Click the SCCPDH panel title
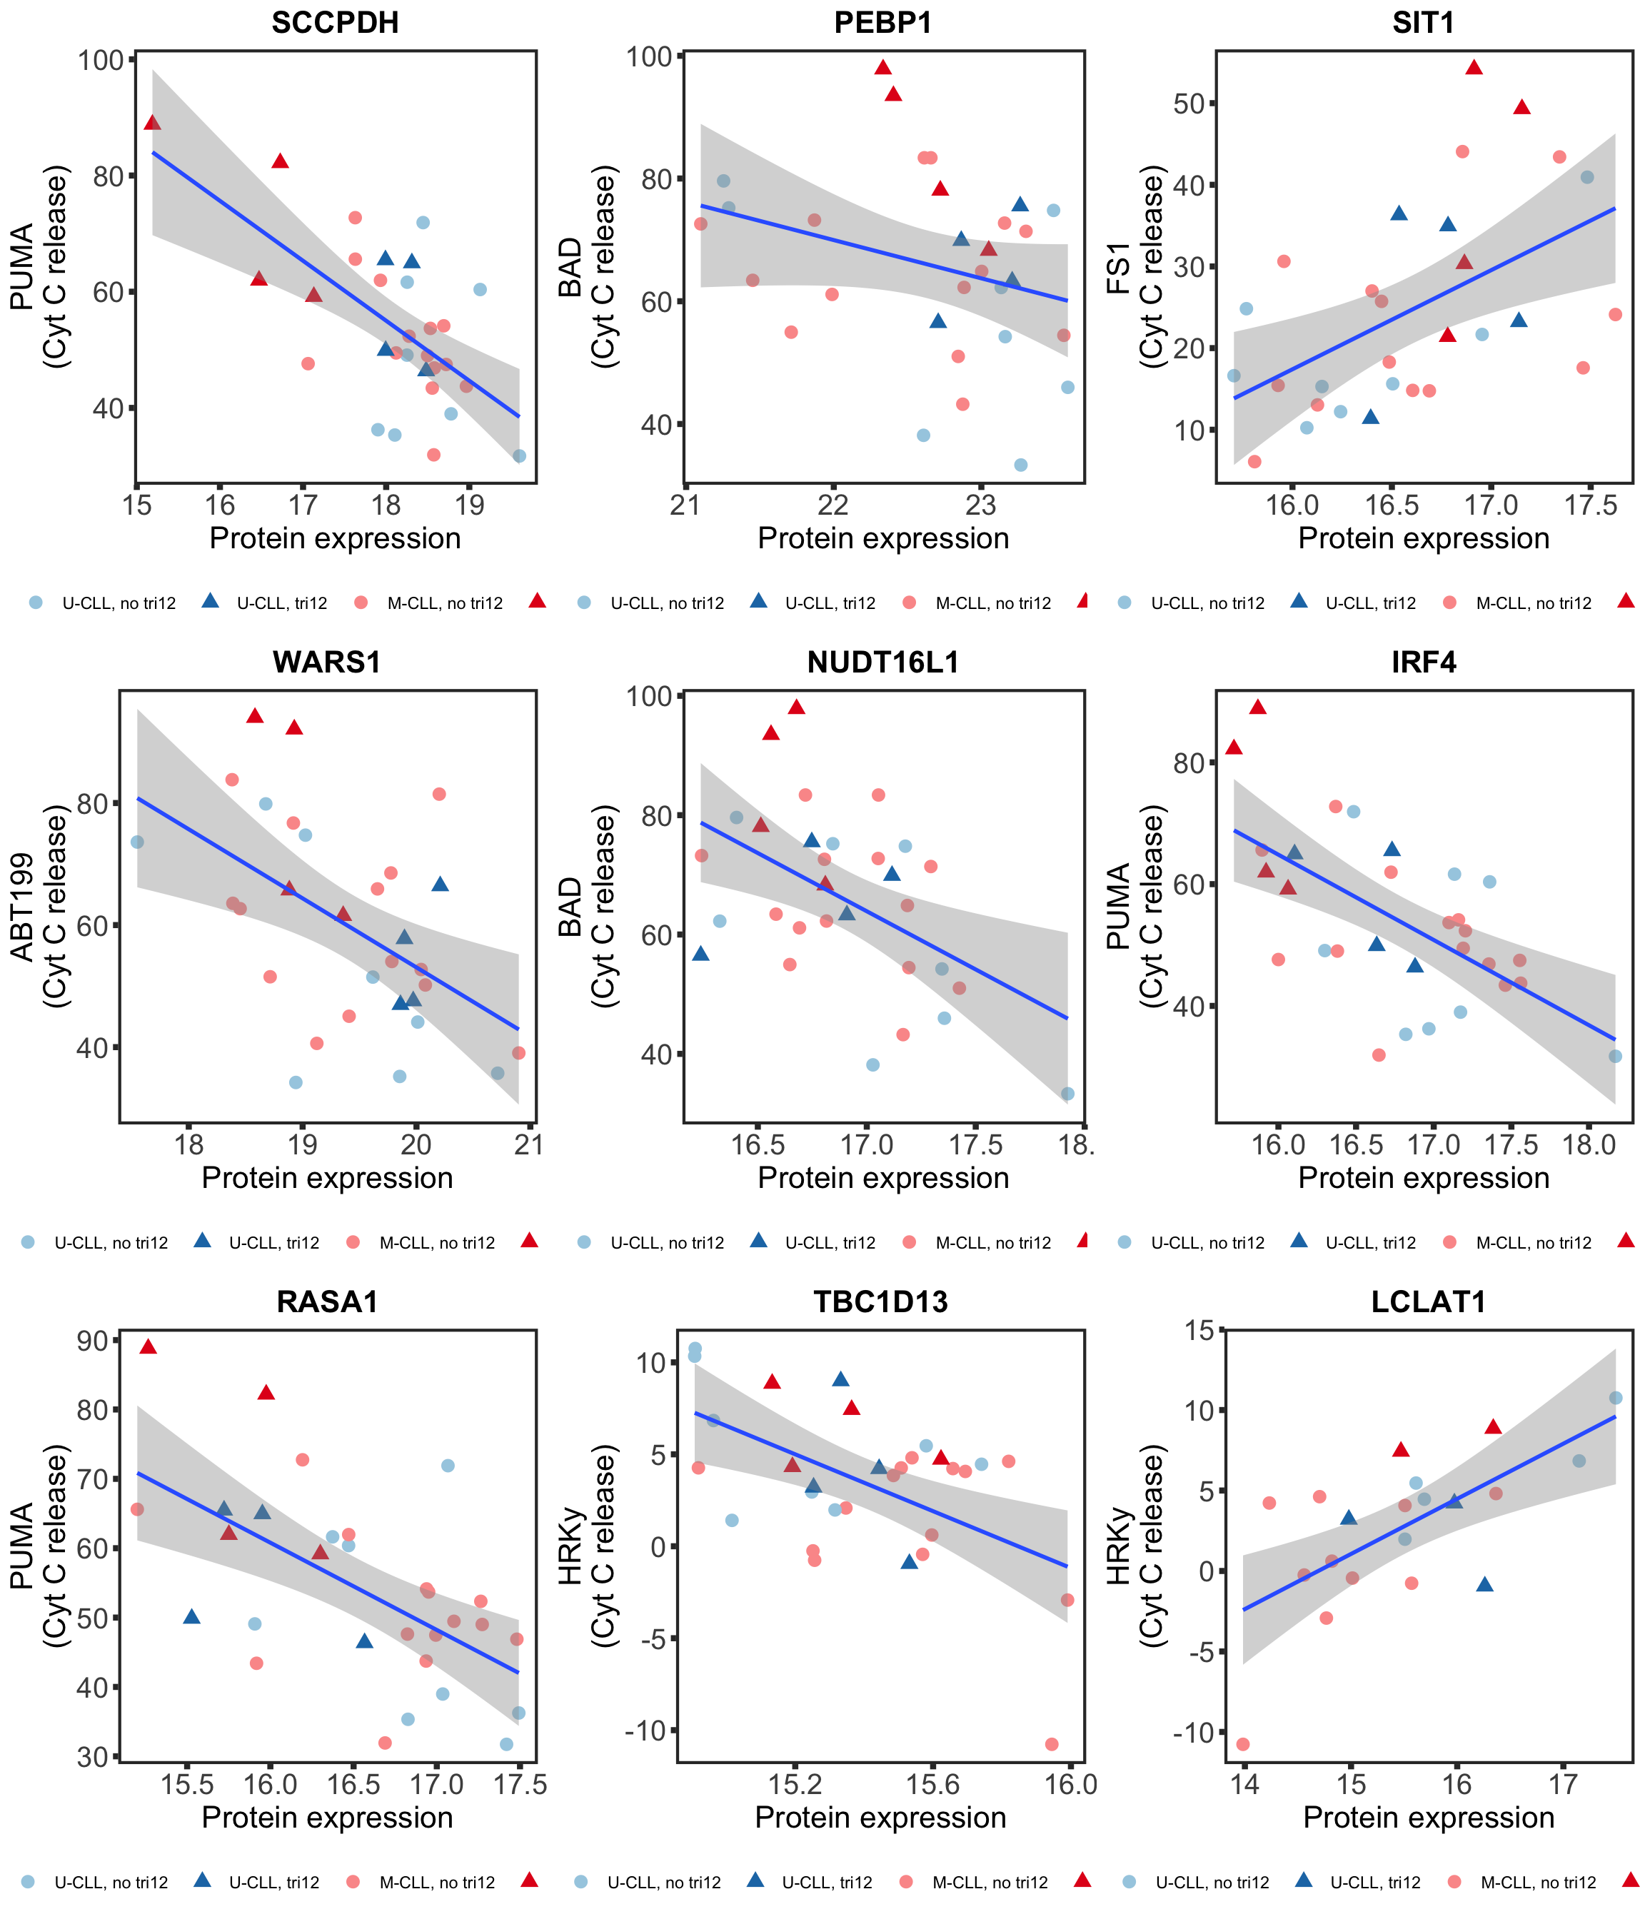tap(336, 22)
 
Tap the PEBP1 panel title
tap(882, 22)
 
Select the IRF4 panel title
tap(1424, 663)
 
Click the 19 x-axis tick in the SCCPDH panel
tap(471, 505)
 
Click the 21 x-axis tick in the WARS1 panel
tap(529, 1144)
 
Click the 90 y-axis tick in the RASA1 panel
tap(93, 1340)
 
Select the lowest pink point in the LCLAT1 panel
tap(1243, 1744)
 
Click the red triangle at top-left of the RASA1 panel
tap(149, 1346)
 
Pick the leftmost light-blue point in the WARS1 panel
tap(137, 842)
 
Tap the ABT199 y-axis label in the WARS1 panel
tap(22, 907)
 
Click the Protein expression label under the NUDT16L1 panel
tap(882, 1178)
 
